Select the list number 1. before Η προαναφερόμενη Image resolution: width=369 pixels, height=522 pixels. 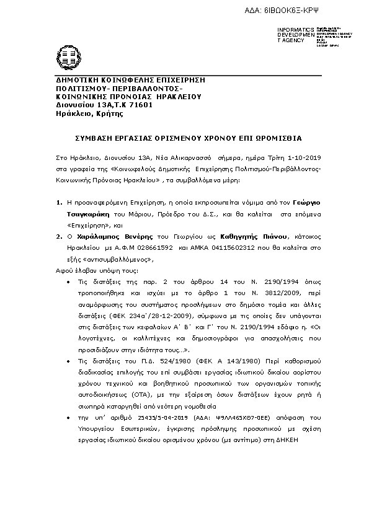click(x=60, y=202)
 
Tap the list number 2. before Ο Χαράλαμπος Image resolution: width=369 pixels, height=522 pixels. click(x=60, y=236)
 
